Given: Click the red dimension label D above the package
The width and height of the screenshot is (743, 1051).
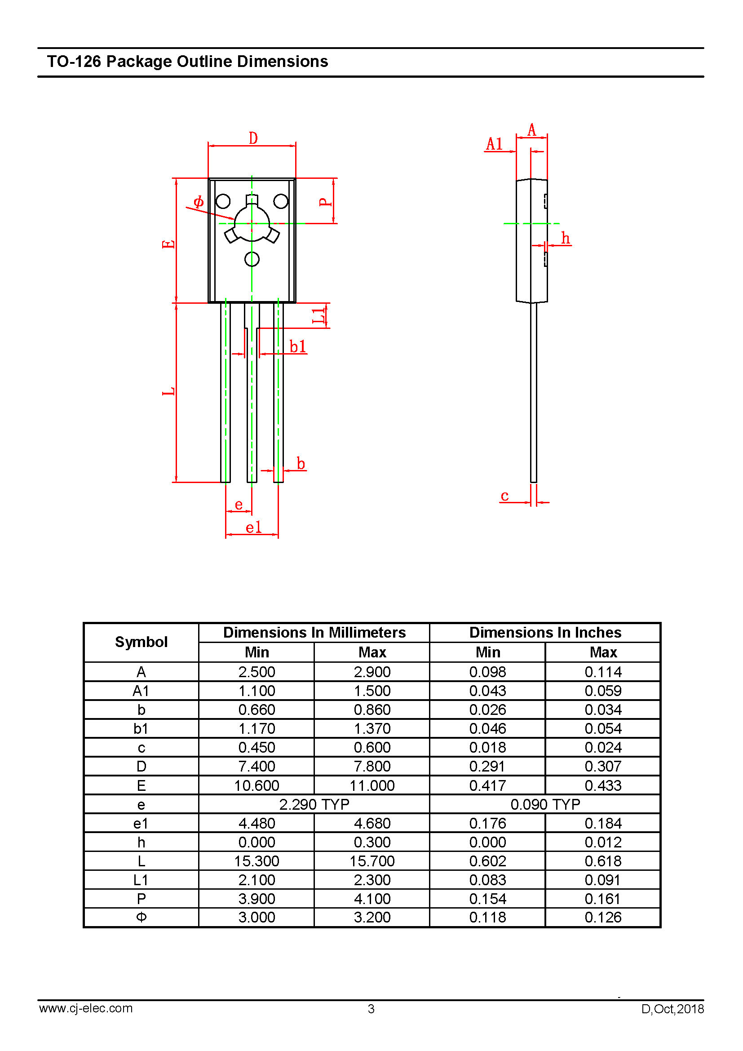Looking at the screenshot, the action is click(253, 138).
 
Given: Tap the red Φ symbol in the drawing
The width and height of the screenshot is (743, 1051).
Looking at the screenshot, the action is click(198, 201).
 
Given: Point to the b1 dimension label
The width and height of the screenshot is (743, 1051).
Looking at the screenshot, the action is click(298, 346).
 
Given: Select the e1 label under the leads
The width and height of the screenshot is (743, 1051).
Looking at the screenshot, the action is click(253, 528).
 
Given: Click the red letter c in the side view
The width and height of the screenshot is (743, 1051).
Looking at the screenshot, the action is click(504, 496).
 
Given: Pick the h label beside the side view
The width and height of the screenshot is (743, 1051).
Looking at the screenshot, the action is click(566, 238).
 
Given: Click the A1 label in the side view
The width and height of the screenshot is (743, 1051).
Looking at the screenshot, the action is click(494, 144).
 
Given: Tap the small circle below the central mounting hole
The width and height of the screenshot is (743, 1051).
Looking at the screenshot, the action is click(252, 259).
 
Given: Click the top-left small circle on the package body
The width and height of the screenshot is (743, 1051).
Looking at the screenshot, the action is click(223, 201).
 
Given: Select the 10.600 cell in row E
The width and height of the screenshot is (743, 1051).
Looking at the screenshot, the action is click(256, 785).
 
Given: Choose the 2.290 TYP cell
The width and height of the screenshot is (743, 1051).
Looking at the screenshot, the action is click(314, 804).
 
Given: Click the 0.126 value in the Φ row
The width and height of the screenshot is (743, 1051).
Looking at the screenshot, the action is click(603, 918).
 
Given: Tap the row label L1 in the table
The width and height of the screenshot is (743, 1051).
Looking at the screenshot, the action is click(141, 880).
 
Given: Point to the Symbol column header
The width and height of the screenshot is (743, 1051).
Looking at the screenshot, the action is click(142, 642).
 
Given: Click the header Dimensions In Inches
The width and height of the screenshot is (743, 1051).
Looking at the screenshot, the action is click(545, 632).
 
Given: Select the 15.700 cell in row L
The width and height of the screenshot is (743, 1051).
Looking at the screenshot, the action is click(372, 861).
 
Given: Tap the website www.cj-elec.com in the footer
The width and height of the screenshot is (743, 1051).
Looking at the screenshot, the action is click(86, 1008).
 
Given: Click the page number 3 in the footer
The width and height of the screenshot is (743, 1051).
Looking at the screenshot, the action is click(371, 1009).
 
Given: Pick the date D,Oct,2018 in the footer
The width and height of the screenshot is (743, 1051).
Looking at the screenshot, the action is click(672, 1009).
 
